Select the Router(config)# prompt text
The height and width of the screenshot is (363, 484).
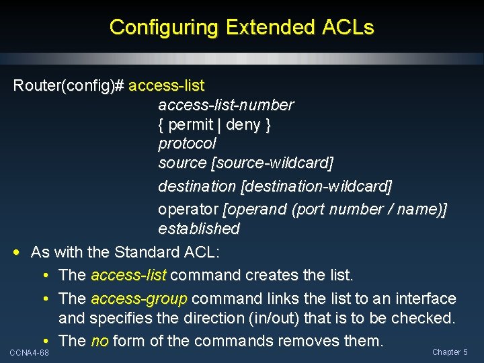(x=69, y=86)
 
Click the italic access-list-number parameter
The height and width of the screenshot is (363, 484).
(x=226, y=105)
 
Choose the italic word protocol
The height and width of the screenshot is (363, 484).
(x=187, y=143)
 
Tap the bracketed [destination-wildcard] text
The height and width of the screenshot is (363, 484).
(x=316, y=185)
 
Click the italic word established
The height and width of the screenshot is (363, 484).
(x=199, y=229)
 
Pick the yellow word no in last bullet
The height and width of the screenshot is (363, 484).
(x=99, y=341)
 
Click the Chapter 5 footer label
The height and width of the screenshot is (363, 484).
(x=450, y=352)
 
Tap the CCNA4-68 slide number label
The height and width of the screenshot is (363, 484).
(x=29, y=353)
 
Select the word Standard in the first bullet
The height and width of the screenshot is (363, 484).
(x=146, y=253)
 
